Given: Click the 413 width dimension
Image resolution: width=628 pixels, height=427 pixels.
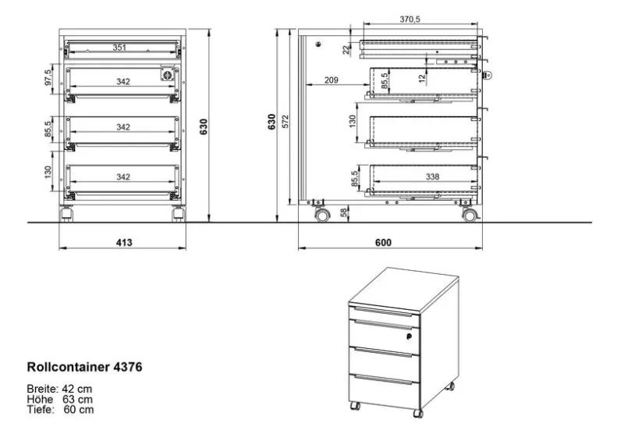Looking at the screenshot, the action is tap(124, 243).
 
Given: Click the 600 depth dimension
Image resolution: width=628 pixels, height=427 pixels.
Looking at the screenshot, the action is tap(383, 243).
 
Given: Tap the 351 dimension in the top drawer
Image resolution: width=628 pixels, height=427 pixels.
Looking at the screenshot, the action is tap(119, 48).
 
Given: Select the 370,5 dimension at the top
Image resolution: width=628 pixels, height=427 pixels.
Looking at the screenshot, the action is tap(410, 20).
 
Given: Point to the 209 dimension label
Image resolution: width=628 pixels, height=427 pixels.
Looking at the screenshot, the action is tap(332, 80).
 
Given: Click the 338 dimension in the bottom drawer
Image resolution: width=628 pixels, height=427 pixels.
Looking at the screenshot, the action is tap(432, 176).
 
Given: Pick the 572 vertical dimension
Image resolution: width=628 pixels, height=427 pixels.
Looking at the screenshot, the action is tap(286, 122).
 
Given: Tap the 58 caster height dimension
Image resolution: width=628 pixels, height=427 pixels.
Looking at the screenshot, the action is tap(344, 213).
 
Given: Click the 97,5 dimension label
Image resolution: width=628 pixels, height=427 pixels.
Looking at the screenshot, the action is tap(48, 77).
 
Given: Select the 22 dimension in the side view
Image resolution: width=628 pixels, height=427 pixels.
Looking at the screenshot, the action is tap(346, 50).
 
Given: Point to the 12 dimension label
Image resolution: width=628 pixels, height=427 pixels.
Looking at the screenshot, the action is tap(422, 79).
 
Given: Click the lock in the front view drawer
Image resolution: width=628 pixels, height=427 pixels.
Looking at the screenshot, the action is tap(167, 74).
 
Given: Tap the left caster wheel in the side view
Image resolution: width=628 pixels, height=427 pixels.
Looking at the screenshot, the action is tap(322, 215).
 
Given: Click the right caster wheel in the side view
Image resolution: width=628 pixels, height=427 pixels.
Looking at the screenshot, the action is tap(470, 215).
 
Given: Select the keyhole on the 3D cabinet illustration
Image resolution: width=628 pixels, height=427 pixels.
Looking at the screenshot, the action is tap(409, 336).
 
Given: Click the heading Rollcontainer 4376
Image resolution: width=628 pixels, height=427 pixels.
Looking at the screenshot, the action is tap(84, 367).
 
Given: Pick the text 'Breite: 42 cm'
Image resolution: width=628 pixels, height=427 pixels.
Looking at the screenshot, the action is tap(59, 389).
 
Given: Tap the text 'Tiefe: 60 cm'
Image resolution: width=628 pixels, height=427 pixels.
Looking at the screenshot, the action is tap(61, 410).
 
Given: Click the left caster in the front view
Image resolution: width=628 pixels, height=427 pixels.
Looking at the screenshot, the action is tap(66, 214).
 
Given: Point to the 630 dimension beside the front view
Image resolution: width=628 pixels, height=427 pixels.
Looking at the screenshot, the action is tap(204, 126).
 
